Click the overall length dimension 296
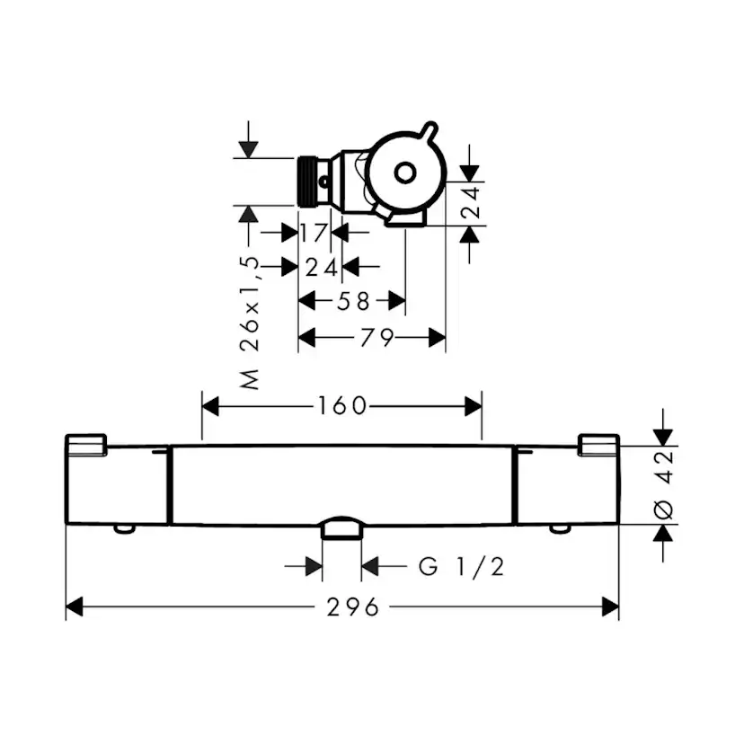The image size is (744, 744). point(353,607)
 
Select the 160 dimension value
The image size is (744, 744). point(342,406)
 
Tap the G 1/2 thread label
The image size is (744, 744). point(461,567)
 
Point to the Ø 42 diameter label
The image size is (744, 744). point(663,485)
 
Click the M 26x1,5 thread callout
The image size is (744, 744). point(250,323)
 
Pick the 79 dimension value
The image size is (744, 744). point(376,338)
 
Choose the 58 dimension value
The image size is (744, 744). point(353,301)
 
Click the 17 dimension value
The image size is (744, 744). point(314,233)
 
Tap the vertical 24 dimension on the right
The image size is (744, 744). point(471,202)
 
